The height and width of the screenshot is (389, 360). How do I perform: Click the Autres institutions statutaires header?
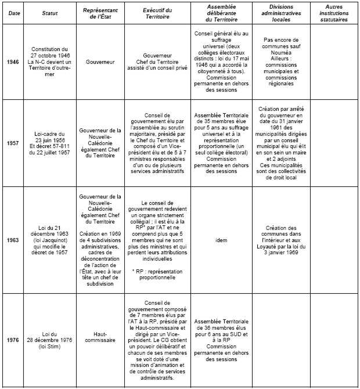pos(333,16)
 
